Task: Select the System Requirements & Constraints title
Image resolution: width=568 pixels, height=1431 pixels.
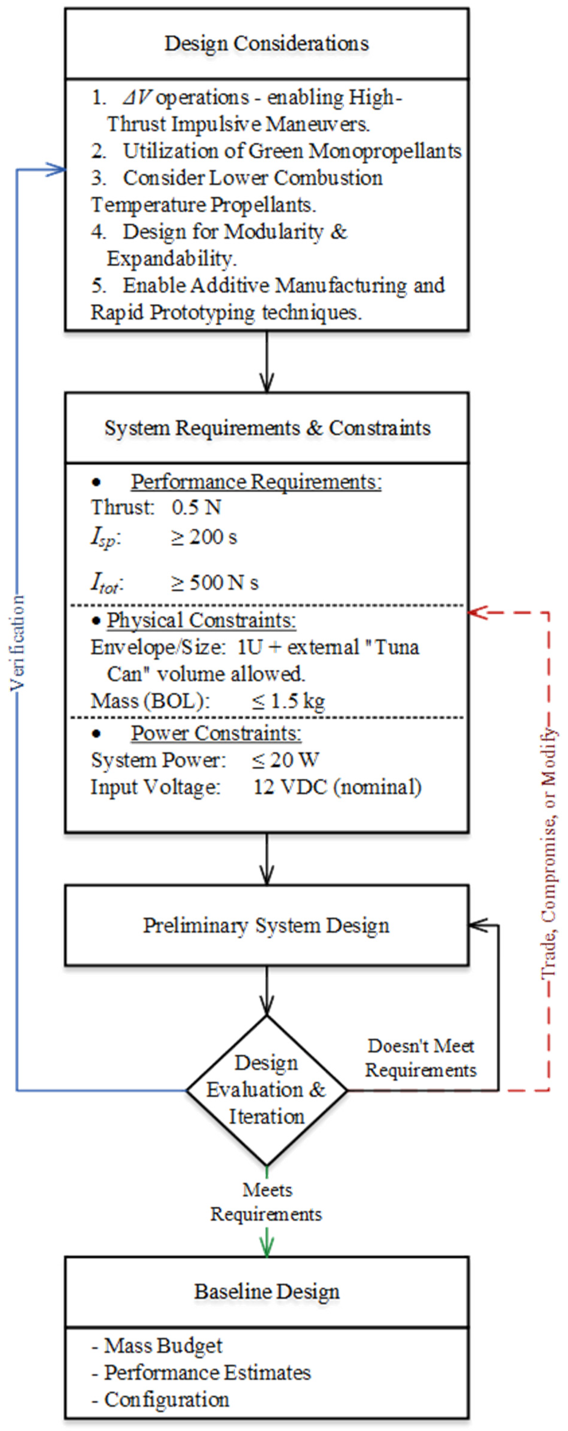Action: (267, 428)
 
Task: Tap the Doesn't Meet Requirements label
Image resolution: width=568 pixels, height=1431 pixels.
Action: (421, 1058)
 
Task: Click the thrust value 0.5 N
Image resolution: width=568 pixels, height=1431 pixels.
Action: (196, 507)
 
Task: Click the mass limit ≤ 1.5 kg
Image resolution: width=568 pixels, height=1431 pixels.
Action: (288, 701)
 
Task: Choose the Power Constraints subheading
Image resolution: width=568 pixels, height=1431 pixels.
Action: (216, 733)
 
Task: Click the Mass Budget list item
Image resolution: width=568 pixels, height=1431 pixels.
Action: (163, 1346)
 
